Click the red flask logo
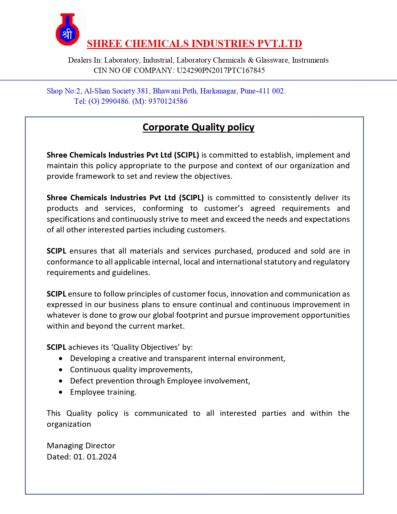(x=68, y=29)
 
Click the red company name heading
(x=194, y=44)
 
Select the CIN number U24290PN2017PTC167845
(x=221, y=70)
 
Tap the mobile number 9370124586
(x=168, y=101)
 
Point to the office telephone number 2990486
(x=115, y=101)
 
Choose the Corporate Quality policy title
(x=198, y=127)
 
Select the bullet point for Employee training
(x=60, y=392)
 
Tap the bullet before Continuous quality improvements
(x=60, y=370)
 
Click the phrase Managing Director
(x=81, y=445)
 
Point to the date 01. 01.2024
(x=95, y=457)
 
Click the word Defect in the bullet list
(x=80, y=381)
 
